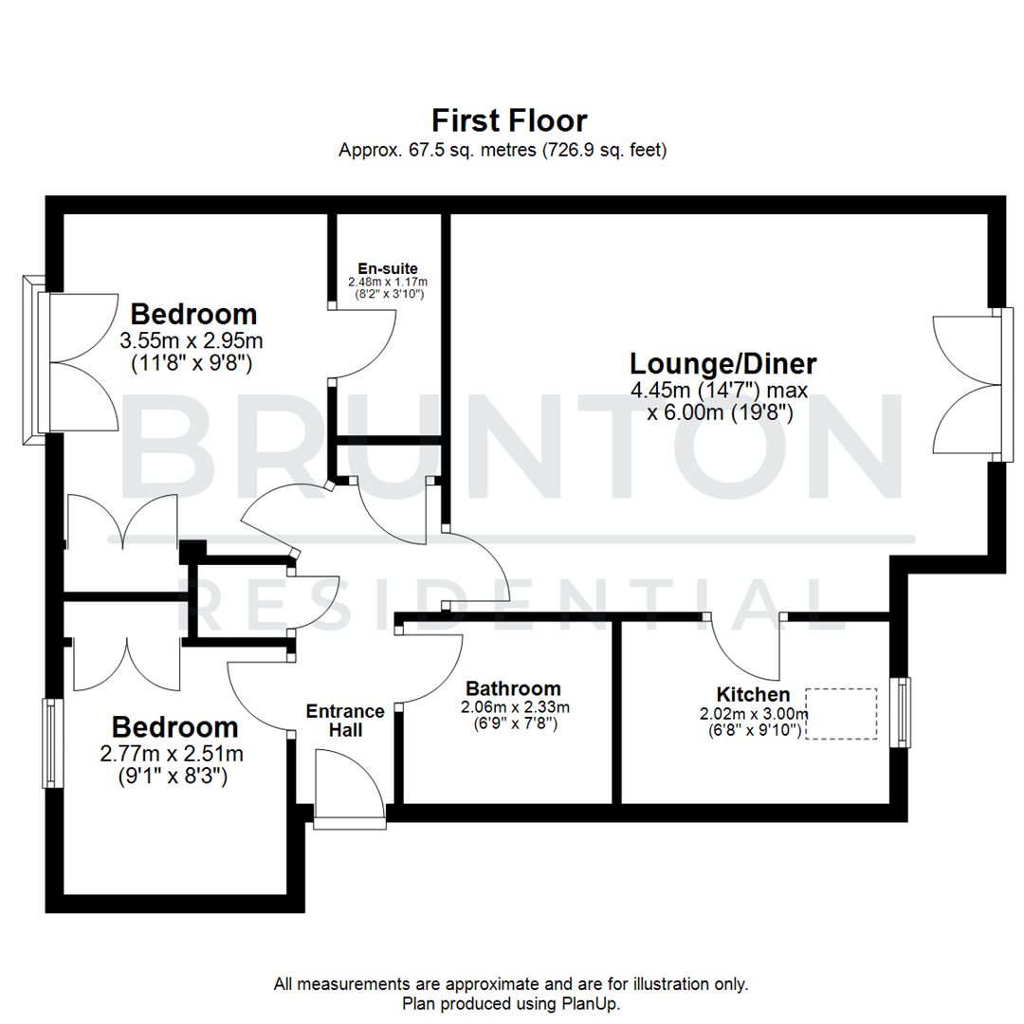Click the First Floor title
[x=509, y=121]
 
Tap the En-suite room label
[x=388, y=267]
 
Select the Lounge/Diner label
[x=723, y=364]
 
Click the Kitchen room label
[x=753, y=695]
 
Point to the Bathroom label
[x=513, y=689]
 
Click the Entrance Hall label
[x=344, y=721]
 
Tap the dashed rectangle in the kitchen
[x=841, y=714]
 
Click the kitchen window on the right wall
[x=903, y=712]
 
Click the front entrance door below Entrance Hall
[x=350, y=787]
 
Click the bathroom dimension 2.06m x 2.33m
[x=515, y=707]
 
